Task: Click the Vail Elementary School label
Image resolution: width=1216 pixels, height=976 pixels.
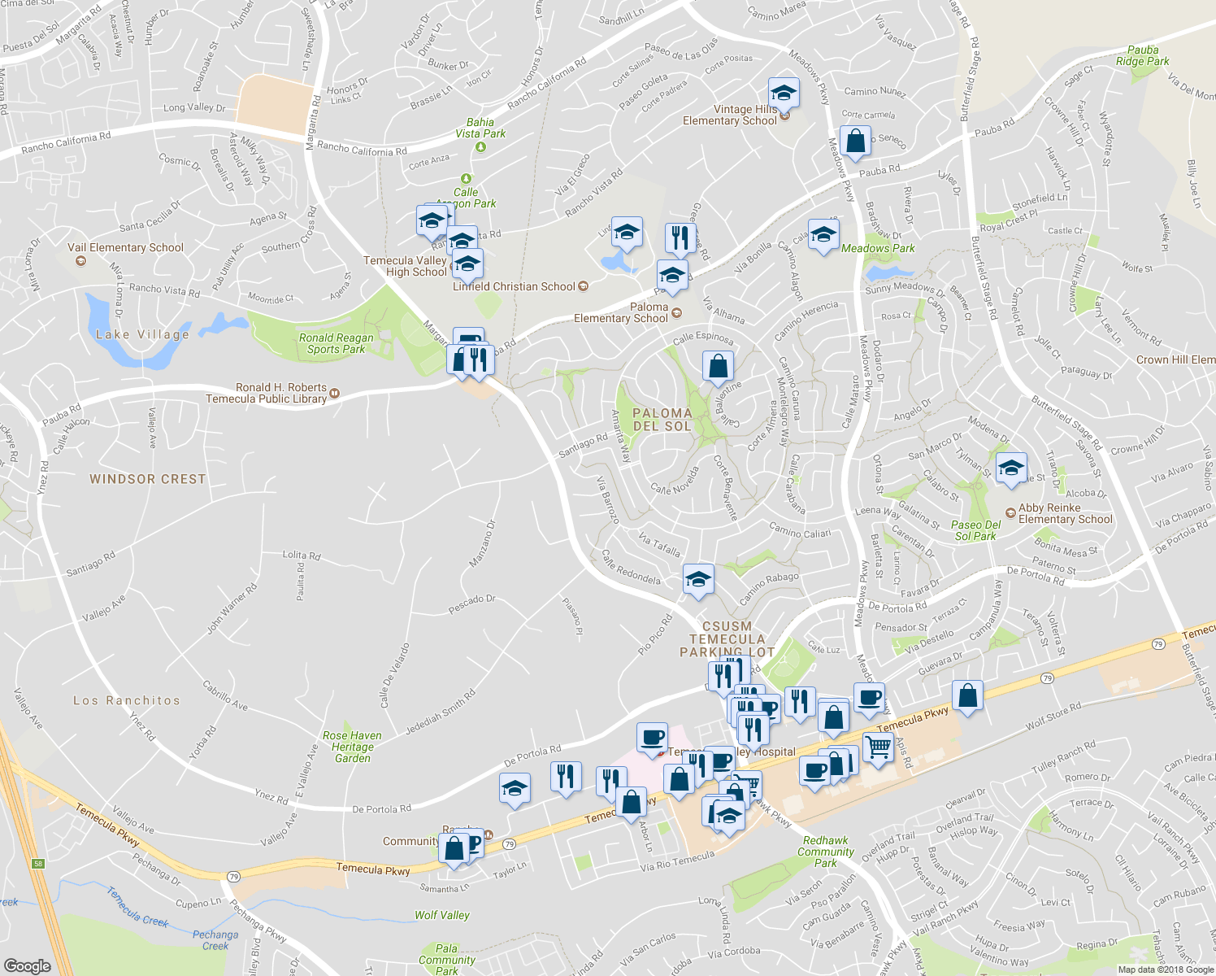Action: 125,248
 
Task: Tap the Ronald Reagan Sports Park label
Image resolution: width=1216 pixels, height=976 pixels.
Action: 336,343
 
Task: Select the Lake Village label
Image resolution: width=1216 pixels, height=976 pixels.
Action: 142,334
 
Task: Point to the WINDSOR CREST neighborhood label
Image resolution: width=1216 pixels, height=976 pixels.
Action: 148,479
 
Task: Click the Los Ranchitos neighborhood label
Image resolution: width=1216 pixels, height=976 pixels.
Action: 127,700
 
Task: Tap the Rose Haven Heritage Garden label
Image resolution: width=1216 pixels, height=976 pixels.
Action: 352,747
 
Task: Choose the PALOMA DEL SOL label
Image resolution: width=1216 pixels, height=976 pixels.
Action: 662,420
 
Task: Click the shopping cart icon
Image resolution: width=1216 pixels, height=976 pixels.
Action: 878,747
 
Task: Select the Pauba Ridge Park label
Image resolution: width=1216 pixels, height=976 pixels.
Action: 1142,55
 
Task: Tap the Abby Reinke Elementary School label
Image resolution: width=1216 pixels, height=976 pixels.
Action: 1065,513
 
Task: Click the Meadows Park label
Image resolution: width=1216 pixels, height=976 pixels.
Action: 878,248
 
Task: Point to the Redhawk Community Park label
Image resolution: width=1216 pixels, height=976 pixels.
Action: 825,852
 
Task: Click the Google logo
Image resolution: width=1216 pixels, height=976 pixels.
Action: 27,965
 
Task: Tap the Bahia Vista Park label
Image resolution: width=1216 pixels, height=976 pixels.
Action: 480,128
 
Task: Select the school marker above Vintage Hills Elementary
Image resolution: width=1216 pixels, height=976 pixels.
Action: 784,94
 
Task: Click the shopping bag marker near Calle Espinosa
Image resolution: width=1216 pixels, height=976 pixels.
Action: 718,366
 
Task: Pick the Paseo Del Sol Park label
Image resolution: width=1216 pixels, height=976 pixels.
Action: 975,530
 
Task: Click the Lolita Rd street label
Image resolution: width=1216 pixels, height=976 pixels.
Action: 301,556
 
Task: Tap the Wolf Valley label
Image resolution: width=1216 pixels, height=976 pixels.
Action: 442,915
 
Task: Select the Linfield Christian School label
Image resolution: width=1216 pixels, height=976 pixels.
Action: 514,286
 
